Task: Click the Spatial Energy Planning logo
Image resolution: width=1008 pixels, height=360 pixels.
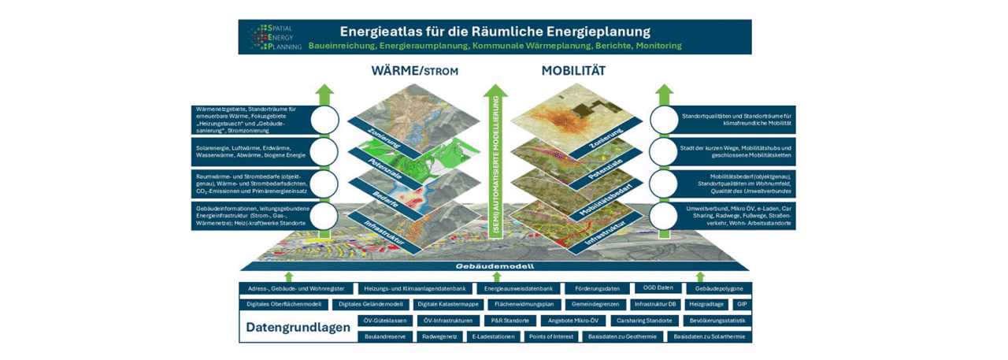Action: click(x=271, y=36)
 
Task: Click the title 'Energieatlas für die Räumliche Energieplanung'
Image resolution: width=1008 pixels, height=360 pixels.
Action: click(x=495, y=32)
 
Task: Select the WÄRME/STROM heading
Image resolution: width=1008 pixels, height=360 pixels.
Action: click(x=414, y=72)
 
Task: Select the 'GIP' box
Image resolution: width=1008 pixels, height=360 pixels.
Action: click(x=741, y=304)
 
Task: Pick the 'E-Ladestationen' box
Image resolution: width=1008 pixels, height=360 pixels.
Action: click(x=494, y=336)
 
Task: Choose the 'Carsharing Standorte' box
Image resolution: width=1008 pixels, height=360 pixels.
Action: click(x=644, y=321)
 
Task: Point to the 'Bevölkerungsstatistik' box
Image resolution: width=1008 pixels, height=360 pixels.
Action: click(x=717, y=321)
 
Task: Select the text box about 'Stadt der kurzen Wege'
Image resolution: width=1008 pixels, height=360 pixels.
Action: click(x=736, y=151)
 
